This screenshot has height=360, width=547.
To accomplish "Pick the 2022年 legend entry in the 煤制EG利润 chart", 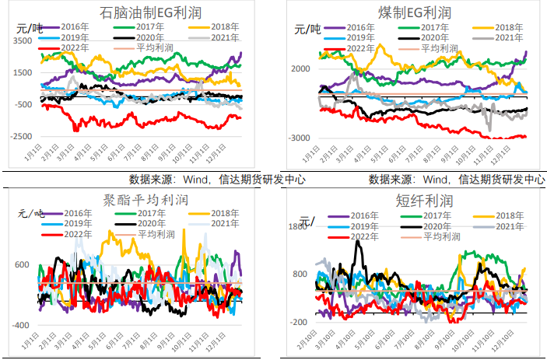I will click(358, 48).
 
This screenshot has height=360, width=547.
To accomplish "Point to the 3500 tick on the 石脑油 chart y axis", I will click(23, 40).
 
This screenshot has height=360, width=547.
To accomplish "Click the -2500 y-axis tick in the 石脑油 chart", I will click(21, 137).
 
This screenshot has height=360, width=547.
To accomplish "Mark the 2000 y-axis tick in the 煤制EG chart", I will click(302, 69).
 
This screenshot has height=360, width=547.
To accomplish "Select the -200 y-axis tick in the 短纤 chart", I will click(300, 322).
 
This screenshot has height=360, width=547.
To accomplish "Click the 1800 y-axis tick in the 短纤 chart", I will click(300, 227).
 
